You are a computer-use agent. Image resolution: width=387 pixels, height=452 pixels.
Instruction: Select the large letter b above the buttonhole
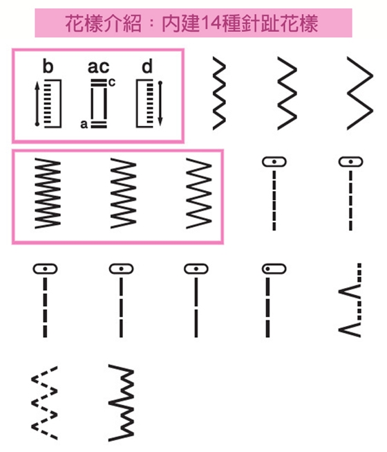click(48, 66)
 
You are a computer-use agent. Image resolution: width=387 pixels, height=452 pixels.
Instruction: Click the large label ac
click(98, 67)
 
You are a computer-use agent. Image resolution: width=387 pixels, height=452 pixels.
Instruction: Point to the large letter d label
click(147, 66)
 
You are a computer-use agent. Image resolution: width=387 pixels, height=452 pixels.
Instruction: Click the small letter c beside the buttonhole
click(112, 82)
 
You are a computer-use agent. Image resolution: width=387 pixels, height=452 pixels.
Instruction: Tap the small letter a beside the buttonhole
click(84, 124)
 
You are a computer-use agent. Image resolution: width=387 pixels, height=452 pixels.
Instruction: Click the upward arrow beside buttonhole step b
click(37, 104)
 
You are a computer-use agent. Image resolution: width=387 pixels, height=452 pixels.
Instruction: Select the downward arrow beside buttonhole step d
click(160, 104)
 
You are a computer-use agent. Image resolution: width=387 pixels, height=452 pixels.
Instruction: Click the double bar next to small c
click(99, 83)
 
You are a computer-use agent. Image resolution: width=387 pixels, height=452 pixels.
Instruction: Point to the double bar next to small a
click(99, 125)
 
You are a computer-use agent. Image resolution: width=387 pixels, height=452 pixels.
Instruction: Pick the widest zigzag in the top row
click(360, 93)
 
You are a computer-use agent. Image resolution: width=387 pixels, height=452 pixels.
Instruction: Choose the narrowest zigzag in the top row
click(219, 93)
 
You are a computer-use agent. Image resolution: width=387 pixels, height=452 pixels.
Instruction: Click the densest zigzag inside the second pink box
click(48, 193)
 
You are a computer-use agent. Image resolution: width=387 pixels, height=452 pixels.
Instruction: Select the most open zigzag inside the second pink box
click(199, 193)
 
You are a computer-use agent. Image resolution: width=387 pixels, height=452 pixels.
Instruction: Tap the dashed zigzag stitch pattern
click(44, 403)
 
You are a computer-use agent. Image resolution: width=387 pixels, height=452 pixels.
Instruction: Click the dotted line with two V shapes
click(350, 300)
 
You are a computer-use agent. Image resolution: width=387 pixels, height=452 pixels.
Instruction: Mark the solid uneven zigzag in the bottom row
click(121, 403)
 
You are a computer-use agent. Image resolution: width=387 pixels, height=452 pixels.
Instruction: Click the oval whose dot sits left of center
click(274, 269)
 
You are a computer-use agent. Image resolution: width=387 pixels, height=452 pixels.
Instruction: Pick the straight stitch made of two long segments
click(196, 307)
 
